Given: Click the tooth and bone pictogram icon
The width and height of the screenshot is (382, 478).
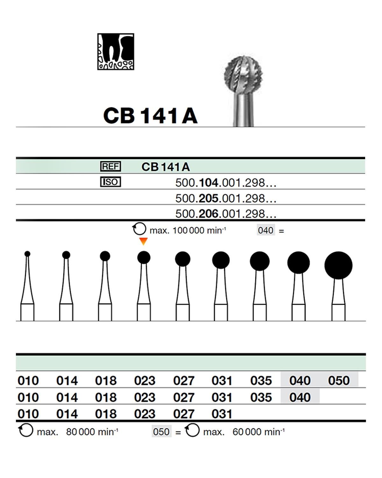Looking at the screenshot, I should point(116,51).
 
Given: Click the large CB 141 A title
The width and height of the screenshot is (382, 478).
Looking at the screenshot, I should point(150,115).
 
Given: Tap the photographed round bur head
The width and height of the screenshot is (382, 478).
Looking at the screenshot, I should point(243,75).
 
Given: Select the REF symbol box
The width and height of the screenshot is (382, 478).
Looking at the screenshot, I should point(110,166).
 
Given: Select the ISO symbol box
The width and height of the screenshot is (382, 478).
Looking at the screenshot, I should point(110,182).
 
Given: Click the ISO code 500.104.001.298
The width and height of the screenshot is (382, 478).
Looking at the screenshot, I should point(225,183).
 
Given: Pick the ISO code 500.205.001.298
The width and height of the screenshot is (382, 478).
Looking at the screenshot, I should point(225,198).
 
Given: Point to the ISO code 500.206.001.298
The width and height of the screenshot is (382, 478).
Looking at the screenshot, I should point(225,214).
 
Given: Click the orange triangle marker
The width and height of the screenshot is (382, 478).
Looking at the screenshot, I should point(144,241).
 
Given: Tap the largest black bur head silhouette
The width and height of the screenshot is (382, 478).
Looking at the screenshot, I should point(338,265).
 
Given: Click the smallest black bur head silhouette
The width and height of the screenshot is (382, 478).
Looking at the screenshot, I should point(27,254).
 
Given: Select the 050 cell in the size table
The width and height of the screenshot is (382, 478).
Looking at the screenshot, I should point(339,380).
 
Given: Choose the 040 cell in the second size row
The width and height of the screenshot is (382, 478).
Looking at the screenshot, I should point(300,397).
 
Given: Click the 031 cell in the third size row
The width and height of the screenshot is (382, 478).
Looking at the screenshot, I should point(222,414).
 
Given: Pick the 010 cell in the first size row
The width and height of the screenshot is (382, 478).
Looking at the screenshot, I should point(28,380).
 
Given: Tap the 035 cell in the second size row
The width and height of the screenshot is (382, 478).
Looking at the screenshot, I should point(261,397).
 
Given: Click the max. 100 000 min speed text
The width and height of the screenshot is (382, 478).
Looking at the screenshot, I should point(187,230).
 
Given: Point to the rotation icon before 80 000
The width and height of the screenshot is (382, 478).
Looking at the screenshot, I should point(25,431).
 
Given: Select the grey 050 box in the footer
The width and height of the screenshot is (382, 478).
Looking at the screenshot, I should point(161,432).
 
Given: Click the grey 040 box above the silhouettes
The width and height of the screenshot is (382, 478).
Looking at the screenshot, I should point(265,230).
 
